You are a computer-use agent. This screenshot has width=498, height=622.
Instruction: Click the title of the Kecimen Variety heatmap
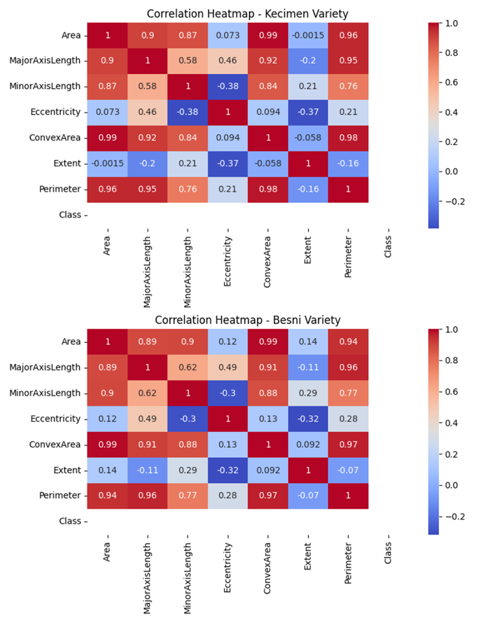coord(247,14)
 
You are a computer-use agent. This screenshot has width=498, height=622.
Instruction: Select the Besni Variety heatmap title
coord(247,320)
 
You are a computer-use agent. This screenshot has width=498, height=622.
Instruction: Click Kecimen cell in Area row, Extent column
coord(308,35)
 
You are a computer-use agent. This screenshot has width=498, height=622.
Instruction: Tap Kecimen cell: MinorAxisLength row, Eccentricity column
coord(228,86)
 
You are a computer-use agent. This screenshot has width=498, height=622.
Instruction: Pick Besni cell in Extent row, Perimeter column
coord(348,470)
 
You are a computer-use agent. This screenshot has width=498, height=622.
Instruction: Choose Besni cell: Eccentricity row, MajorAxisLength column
coord(148,419)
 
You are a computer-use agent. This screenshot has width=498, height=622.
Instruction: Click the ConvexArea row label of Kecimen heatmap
coord(55,138)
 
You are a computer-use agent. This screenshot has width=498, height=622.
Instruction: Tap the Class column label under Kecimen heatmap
coord(388,247)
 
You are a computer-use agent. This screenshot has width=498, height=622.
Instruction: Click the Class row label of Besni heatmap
coord(70,521)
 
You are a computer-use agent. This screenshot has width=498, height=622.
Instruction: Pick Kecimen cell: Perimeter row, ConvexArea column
coord(268,189)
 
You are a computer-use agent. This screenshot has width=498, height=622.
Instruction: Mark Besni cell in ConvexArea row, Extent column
coord(308,445)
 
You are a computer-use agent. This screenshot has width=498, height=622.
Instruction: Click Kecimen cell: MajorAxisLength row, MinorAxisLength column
coord(187,61)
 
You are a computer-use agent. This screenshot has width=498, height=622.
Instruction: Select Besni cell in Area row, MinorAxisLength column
coord(187,342)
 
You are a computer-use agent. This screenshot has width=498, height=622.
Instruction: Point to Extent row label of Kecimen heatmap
coord(67,163)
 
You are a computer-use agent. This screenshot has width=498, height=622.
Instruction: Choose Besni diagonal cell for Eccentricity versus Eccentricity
coord(228,419)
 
